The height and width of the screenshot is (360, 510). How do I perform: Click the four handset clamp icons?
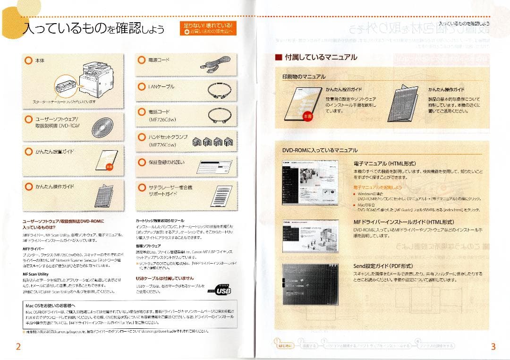[x=212, y=141]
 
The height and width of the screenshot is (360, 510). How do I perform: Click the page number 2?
[x=18, y=347]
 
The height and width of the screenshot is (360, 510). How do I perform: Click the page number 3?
[x=493, y=347]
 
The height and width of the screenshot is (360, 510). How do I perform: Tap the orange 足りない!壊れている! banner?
[x=208, y=28]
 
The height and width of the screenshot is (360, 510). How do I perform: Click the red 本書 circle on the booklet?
[x=308, y=116]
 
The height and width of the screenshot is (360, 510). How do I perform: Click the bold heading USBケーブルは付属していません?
[x=164, y=278]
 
